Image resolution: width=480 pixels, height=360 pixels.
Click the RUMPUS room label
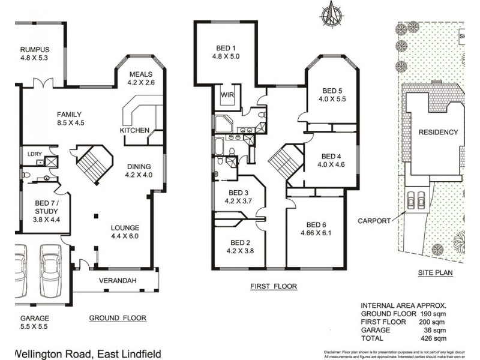35,50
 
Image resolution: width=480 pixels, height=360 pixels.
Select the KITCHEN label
134,130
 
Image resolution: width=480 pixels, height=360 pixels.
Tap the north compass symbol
329,15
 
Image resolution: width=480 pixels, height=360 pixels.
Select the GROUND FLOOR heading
118,318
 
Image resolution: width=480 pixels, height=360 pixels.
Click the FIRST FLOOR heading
274,287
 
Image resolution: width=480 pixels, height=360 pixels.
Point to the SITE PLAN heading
435,272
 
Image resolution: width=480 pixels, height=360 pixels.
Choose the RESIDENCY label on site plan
438,132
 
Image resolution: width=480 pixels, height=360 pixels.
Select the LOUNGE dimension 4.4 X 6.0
125,236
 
